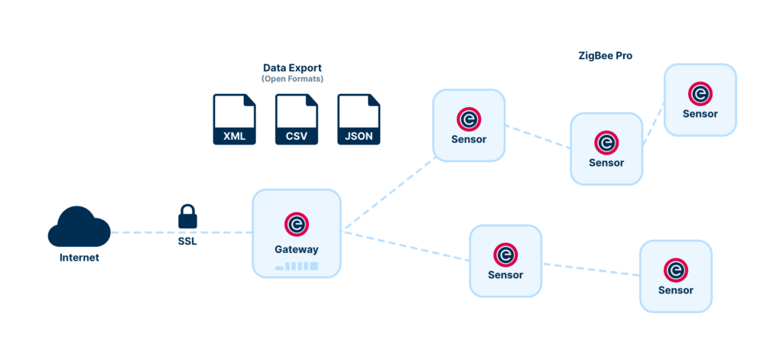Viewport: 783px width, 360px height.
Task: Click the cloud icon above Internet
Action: (x=80, y=226)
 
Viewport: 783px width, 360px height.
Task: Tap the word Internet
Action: (x=80, y=258)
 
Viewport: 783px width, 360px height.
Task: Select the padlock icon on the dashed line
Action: (x=188, y=216)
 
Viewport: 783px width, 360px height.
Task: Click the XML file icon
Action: (x=234, y=119)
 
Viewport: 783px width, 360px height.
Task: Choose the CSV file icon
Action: (x=297, y=119)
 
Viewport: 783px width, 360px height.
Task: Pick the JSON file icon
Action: (x=359, y=119)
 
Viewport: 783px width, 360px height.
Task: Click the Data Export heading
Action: (x=293, y=67)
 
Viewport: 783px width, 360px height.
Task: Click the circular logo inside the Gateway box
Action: (x=297, y=224)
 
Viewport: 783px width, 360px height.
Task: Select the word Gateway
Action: (x=297, y=249)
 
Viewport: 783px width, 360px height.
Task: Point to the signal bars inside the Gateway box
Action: (x=297, y=266)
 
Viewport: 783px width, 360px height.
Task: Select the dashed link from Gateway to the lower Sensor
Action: (x=405, y=246)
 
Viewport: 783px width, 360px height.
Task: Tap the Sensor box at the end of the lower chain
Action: (x=676, y=276)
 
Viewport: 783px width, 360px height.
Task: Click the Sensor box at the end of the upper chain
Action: (x=700, y=100)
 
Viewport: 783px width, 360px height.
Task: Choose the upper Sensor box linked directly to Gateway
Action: (x=469, y=125)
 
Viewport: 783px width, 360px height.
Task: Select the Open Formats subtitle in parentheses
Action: (x=293, y=79)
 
